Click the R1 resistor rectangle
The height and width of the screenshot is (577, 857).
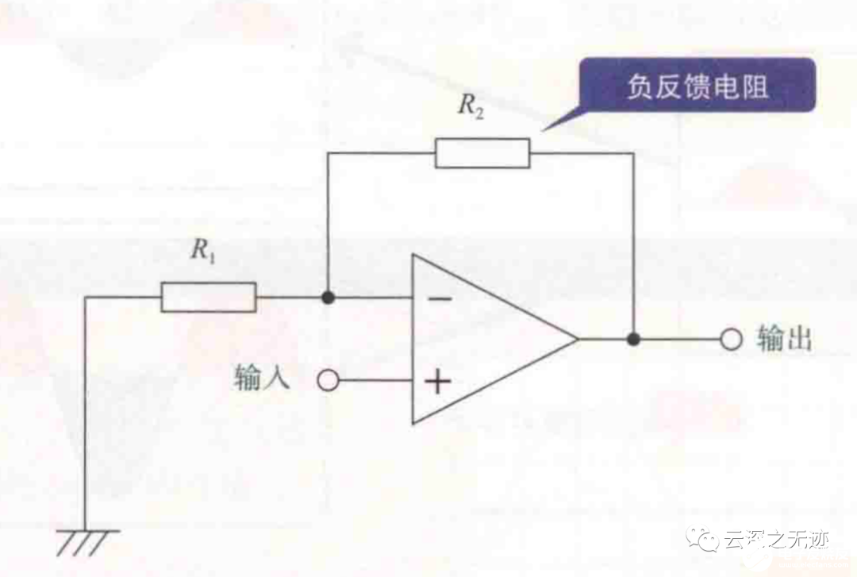(209, 297)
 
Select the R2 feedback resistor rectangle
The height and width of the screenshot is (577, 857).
(482, 152)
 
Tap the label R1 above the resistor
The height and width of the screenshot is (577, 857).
(202, 252)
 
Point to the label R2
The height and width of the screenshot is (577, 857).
(471, 109)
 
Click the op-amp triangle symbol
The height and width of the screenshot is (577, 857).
(484, 340)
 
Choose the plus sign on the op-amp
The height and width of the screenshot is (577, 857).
(437, 383)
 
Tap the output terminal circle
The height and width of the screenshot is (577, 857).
(731, 340)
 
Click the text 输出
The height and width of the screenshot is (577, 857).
(785, 339)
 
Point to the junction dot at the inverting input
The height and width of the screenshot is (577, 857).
(328, 298)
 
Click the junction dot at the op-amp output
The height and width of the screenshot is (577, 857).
(632, 340)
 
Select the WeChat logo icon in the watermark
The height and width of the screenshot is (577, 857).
(702, 540)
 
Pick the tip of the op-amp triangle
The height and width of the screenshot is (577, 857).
(577, 340)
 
